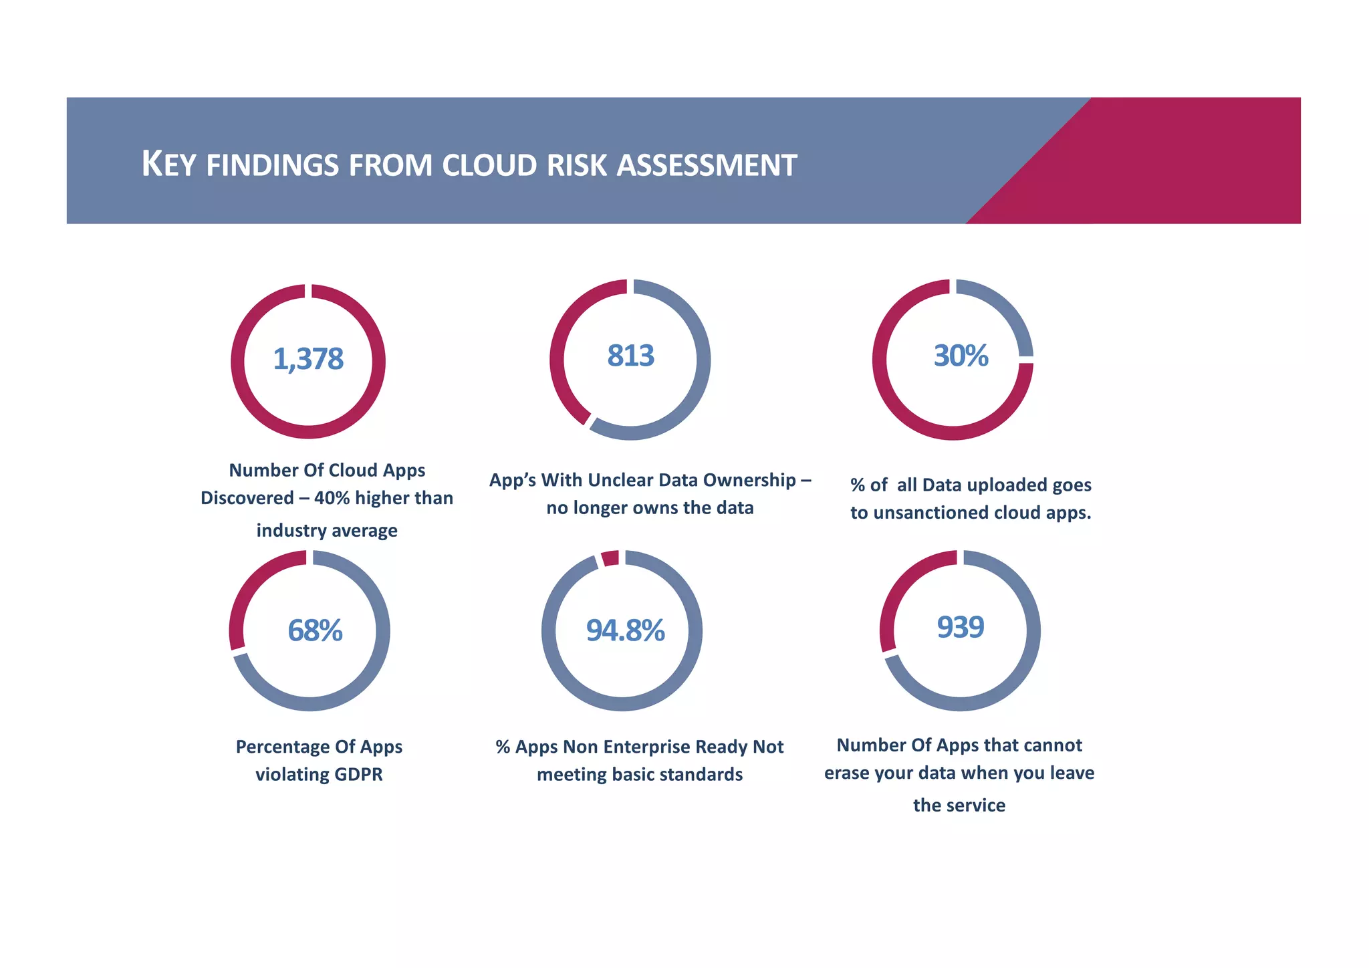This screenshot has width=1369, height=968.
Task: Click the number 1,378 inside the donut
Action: pyautogui.click(x=308, y=360)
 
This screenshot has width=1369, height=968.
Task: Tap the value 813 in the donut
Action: pyautogui.click(x=630, y=356)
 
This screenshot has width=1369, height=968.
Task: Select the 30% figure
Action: pyautogui.click(x=961, y=356)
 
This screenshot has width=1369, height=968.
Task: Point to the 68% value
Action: pyautogui.click(x=315, y=630)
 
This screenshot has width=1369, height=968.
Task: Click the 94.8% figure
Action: pyautogui.click(x=625, y=630)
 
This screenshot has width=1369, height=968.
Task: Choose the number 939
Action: pyautogui.click(x=960, y=627)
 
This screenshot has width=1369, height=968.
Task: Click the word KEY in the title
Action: pyautogui.click(x=168, y=164)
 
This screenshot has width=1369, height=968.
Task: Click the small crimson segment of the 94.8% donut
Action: pyautogui.click(x=610, y=558)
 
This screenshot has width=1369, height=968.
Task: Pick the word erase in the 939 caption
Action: pyautogui.click(x=846, y=773)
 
